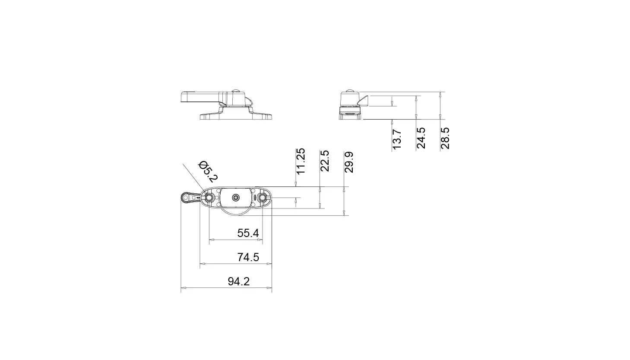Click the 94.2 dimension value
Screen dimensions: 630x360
tap(238, 281)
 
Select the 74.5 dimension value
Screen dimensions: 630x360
tap(248, 257)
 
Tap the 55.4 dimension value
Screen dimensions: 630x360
tap(248, 233)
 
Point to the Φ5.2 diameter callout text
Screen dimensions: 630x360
tap(208, 171)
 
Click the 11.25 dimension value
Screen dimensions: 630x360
tap(301, 161)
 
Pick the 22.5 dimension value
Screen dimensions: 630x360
tap(325, 161)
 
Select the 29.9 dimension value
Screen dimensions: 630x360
tap(349, 162)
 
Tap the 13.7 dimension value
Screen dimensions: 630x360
tap(396, 139)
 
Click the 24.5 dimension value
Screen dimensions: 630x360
tap(421, 138)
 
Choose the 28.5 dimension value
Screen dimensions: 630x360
tap(445, 138)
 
